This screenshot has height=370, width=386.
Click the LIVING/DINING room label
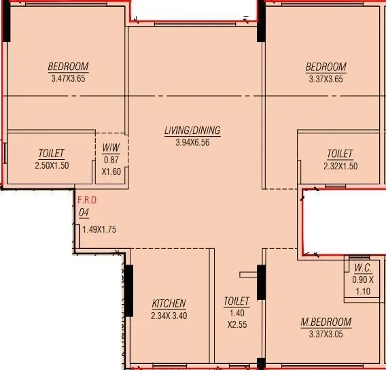coord(192,131)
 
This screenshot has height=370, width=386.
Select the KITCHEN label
coord(169,303)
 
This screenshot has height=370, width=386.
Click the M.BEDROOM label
coord(326,322)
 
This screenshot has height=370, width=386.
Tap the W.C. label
coord(363,268)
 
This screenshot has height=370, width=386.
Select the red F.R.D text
coord(87,201)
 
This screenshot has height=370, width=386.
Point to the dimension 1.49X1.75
coord(99,229)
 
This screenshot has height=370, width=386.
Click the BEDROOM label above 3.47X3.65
coord(68,67)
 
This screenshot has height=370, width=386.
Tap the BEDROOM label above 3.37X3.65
coord(326,67)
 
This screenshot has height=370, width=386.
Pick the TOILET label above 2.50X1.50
coord(52,154)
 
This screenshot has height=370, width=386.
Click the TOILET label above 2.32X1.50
coord(340,154)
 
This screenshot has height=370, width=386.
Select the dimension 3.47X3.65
coord(68,78)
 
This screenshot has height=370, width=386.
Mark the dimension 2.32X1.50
coord(340,165)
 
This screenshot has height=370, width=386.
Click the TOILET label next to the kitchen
coord(236,301)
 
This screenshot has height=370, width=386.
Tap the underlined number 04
coord(84,212)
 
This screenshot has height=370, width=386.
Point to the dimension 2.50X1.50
coord(52,165)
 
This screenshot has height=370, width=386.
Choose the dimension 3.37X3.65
coord(326,78)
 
